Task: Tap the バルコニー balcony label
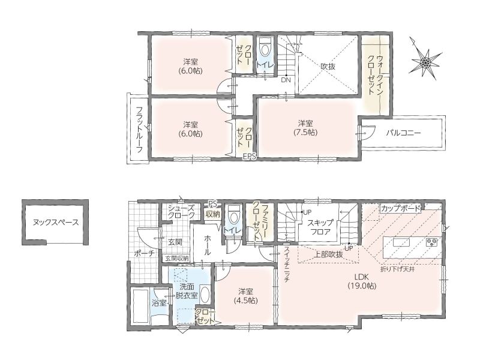(403, 133)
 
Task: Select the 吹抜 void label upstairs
(328, 66)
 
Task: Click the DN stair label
(286, 80)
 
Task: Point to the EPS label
(249, 157)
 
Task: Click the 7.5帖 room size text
(305, 133)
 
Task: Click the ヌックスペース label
(56, 223)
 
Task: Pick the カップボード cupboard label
(400, 208)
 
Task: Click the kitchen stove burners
(433, 242)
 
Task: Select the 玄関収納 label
(177, 258)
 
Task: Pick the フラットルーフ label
(139, 130)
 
